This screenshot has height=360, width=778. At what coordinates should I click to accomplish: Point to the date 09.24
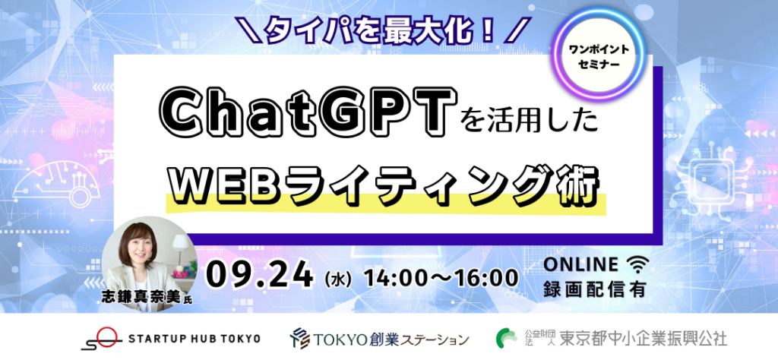[260, 276]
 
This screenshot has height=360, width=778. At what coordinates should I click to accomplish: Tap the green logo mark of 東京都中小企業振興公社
[507, 338]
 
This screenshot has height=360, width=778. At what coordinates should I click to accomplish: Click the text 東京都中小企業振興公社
[643, 339]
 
